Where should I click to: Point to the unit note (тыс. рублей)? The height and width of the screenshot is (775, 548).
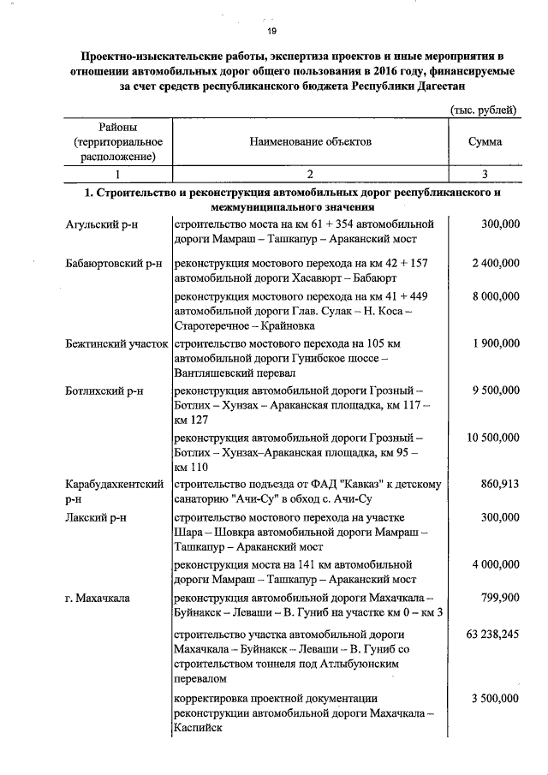point(483,110)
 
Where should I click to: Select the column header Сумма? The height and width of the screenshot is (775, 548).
point(485,142)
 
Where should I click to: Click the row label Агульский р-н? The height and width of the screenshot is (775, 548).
point(102,224)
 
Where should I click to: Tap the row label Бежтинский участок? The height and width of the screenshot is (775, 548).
point(117,343)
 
